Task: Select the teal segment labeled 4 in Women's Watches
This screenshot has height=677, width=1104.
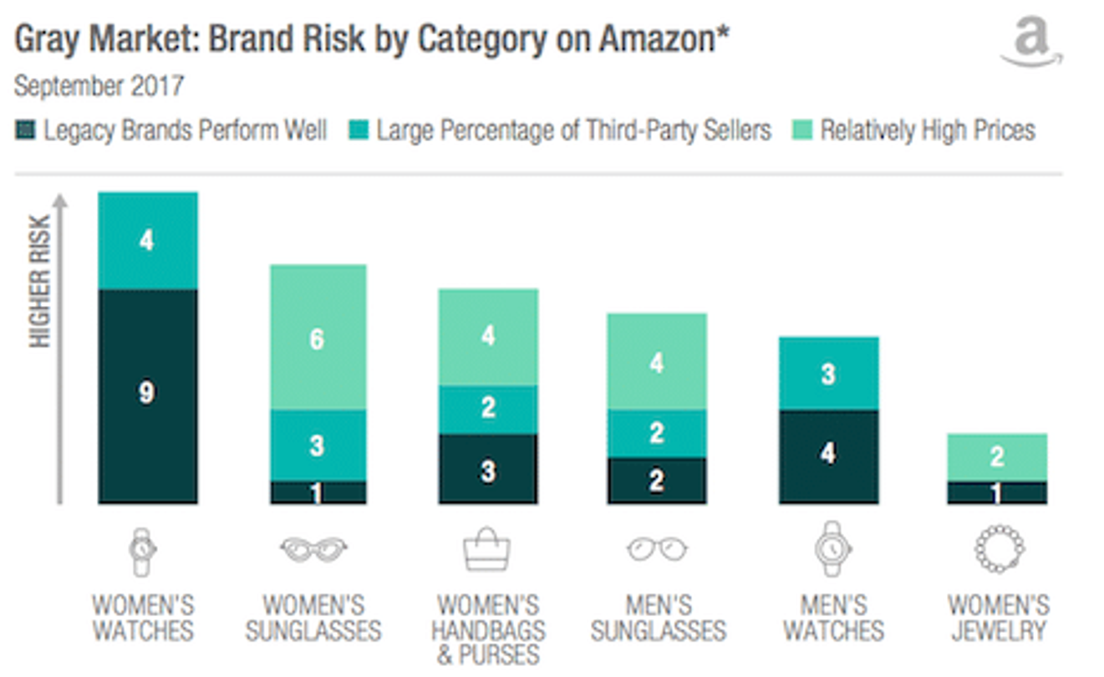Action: [x=148, y=241]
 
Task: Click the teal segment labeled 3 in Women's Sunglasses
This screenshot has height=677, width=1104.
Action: [x=317, y=445]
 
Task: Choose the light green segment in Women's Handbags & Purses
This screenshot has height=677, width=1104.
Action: [x=488, y=337]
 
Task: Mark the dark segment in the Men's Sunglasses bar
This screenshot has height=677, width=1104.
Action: [x=657, y=480]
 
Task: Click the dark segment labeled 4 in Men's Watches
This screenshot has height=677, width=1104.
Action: [x=828, y=456]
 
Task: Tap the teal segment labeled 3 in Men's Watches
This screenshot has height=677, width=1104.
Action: [x=828, y=373]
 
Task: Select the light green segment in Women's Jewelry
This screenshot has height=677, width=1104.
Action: [x=996, y=457]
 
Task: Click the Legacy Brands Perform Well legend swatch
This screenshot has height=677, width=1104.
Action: [x=26, y=131]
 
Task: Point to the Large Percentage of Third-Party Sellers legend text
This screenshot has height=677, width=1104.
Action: [x=573, y=131]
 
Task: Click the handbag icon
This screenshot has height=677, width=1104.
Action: [x=487, y=549]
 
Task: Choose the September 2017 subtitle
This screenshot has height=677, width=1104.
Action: [x=99, y=86]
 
